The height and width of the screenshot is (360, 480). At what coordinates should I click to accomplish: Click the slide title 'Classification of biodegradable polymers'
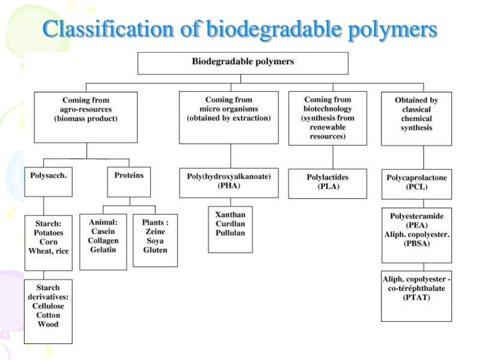point(240,30)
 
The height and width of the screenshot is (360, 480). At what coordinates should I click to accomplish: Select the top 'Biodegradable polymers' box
point(243,62)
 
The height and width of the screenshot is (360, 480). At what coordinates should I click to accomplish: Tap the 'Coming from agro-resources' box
point(86,116)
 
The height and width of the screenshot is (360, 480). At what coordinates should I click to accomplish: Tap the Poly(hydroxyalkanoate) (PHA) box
point(229,182)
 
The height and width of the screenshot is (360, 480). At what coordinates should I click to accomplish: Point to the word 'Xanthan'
point(231,215)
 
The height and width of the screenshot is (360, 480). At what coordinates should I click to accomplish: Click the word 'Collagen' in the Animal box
point(103,240)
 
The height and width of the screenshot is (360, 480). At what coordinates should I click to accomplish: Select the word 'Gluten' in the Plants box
point(155,250)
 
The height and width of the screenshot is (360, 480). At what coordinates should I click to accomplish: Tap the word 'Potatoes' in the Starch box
point(48,232)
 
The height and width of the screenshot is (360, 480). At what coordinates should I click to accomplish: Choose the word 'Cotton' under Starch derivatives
point(48,315)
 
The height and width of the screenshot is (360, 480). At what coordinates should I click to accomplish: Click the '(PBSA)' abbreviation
point(417,244)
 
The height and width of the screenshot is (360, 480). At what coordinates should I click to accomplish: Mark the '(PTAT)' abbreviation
point(417,297)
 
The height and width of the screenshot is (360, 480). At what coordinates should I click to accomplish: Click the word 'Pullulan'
point(231,233)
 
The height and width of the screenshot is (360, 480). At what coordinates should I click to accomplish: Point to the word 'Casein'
point(103,232)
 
